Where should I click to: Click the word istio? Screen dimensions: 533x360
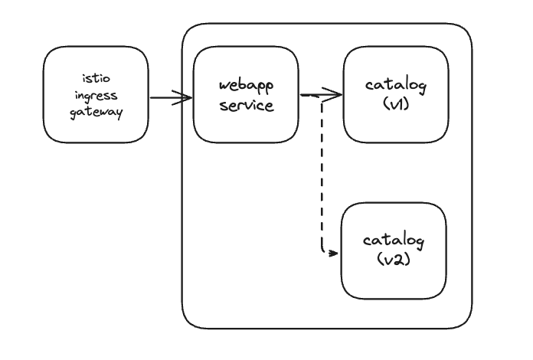96,78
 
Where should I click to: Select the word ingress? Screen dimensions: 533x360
96,96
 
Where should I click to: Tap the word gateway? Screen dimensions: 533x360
96,112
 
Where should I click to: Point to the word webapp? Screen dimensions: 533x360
246,86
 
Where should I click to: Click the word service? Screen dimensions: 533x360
247,106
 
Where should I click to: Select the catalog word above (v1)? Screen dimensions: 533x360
396,85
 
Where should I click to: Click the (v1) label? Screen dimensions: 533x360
396,103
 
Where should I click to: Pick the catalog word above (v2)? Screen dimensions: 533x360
394,241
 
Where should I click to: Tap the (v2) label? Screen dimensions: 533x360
394,260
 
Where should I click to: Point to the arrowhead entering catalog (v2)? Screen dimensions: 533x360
333,254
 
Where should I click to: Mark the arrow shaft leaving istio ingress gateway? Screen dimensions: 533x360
171,98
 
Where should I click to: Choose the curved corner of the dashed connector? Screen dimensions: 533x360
323,251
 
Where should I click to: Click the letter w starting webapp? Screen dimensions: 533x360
224,85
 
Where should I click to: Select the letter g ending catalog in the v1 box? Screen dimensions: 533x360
421,87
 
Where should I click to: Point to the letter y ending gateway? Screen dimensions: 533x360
118,114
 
